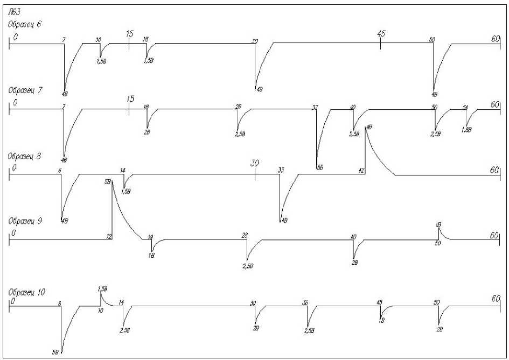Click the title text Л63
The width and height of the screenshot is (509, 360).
12,10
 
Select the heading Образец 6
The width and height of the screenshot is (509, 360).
24,24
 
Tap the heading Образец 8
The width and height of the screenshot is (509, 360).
24,156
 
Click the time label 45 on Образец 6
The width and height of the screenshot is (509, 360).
381,33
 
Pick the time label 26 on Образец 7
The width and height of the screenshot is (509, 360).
238,107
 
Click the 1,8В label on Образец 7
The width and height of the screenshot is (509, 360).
467,130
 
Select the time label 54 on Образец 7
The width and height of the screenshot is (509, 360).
465,107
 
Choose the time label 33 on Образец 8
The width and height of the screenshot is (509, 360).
281,170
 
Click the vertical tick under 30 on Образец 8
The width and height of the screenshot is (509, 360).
255,175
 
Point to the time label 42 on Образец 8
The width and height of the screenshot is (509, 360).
361,170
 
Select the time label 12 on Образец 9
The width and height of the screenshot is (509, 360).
109,236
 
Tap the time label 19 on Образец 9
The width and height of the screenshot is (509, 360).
150,236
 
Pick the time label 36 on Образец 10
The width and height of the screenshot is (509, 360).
305,303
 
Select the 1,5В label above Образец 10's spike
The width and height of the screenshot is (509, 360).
102,289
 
